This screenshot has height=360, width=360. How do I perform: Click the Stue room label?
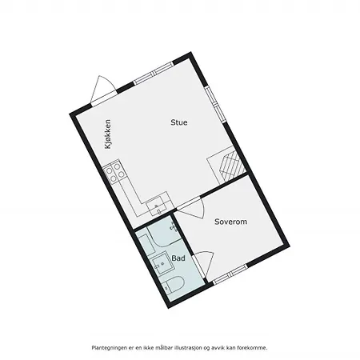[x=179, y=122]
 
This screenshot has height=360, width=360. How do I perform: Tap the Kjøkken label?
[x=108, y=134]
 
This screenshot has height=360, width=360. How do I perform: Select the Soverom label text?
[x=230, y=222]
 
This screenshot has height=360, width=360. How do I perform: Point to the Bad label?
[x=178, y=258]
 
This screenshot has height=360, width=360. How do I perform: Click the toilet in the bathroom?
[x=173, y=286]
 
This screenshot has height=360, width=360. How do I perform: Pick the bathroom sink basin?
[x=162, y=263]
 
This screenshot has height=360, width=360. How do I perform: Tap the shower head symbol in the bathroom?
[x=173, y=227]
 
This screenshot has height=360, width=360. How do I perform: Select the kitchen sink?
[x=158, y=206]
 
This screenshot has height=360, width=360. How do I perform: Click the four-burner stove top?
[x=114, y=171]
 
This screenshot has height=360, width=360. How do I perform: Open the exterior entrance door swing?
[x=103, y=90]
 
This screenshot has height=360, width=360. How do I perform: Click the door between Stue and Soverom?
[x=190, y=208]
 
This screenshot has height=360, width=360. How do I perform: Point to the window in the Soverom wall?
[x=230, y=274]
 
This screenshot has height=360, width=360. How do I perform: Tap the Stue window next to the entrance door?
[x=154, y=73]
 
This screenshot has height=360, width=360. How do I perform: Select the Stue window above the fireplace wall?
[x=216, y=104]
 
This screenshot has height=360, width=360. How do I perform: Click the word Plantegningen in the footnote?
[x=106, y=348]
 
